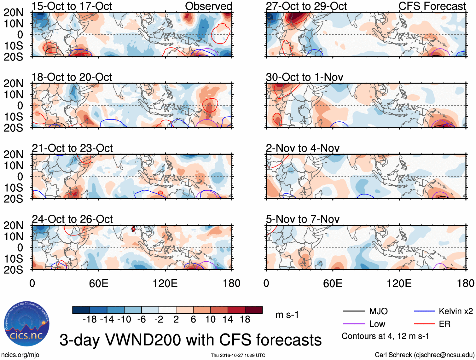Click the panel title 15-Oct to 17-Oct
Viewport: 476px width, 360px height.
72,6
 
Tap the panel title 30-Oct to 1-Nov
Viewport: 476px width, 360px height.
305,77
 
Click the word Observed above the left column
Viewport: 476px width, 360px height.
208,6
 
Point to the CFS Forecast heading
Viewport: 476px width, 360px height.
432,6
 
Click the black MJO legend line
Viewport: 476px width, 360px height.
354,311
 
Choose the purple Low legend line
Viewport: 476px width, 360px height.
354,324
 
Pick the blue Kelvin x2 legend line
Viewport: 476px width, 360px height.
424,311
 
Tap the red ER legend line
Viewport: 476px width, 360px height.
424,324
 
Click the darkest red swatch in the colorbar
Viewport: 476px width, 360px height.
254,310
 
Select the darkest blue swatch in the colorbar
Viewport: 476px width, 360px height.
81,310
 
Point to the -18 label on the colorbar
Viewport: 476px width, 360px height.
90,320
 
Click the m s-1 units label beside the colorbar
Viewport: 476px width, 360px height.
287,315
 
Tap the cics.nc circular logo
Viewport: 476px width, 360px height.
27,324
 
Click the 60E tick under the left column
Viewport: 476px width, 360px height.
99,283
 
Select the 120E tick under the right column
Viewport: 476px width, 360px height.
399,283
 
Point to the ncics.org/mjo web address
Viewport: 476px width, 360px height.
20,355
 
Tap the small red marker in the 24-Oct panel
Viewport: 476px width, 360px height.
133,229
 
